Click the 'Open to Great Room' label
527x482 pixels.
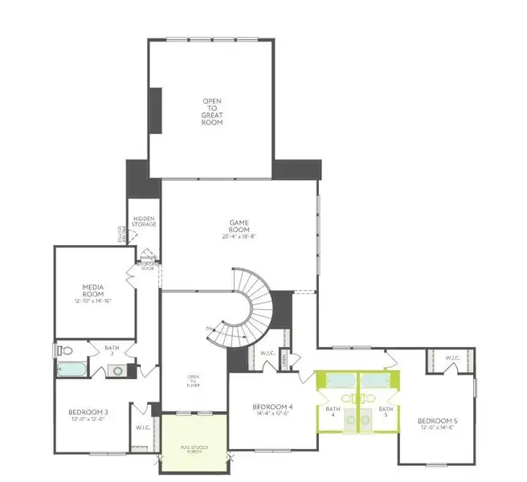pos(211,112)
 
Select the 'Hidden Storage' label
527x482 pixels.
pos(144,222)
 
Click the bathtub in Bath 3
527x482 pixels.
pos(74,370)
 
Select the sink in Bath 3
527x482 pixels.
pos(118,370)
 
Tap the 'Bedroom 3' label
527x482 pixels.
pos(88,413)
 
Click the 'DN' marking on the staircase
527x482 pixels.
pos(210,329)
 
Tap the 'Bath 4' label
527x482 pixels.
pos(333,412)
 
